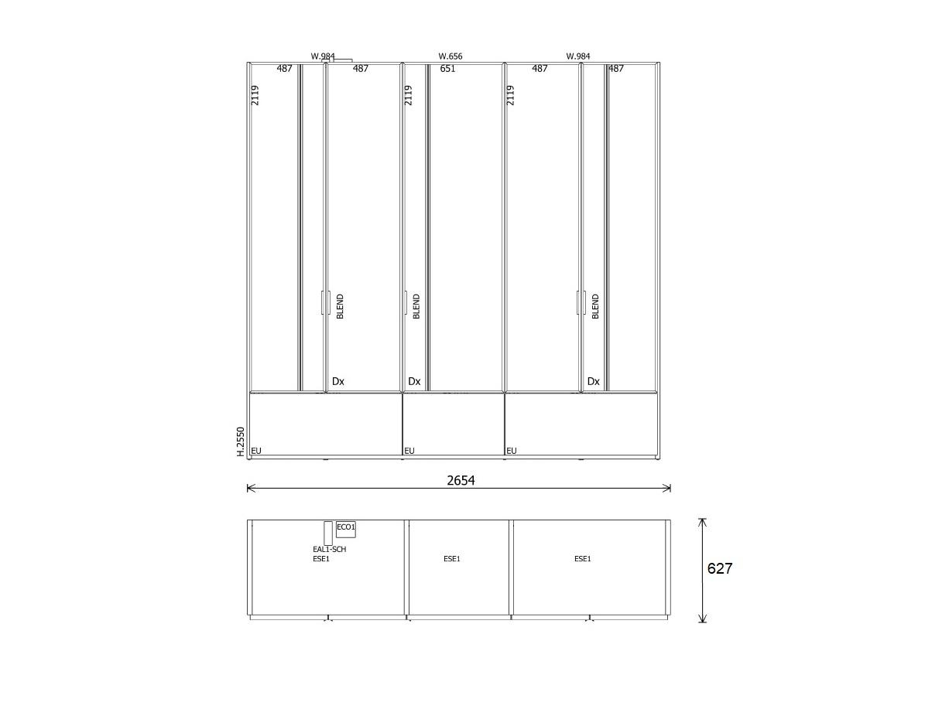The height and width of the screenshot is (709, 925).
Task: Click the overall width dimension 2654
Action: [x=461, y=480]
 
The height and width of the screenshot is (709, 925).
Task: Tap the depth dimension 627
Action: [x=720, y=568]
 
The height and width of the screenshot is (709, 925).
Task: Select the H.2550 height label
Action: [x=241, y=442]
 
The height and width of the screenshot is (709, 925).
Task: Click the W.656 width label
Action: [x=450, y=56]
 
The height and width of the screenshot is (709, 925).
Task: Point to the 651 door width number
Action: [x=447, y=68]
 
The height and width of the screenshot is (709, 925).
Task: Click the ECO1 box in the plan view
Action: [x=346, y=530]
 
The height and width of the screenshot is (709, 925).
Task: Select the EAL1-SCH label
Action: [x=329, y=549]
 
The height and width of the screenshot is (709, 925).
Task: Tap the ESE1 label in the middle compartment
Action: [x=452, y=559]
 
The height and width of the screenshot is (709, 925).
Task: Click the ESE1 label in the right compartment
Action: [x=583, y=559]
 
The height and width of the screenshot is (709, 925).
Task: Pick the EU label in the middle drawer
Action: [x=409, y=451]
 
